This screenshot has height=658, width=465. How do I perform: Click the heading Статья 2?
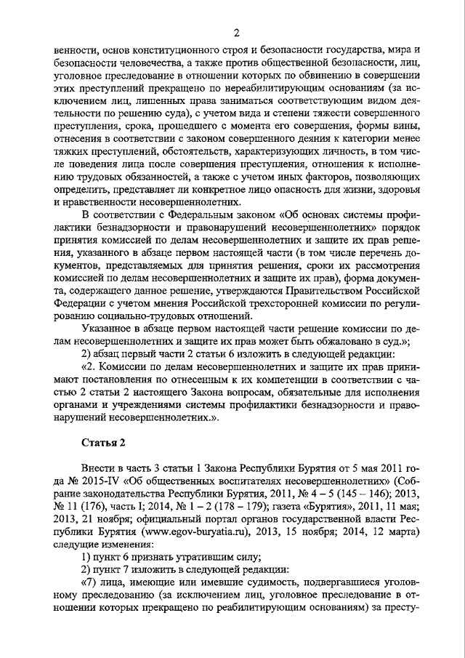click(103, 443)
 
